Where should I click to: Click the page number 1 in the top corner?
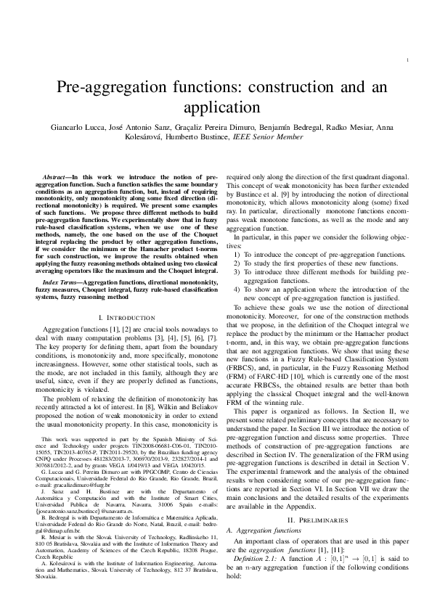point(412,60)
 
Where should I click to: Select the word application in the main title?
point(216,107)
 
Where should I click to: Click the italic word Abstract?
point(57,177)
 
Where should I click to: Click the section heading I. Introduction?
point(126,319)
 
